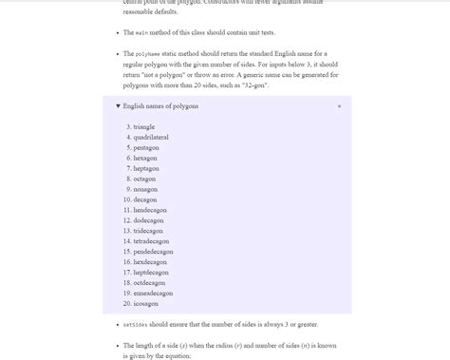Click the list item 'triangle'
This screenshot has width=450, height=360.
[144, 127]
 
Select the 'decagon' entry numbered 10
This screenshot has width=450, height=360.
[146, 199]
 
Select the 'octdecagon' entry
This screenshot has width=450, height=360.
[150, 282]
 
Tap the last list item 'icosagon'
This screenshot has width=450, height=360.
[146, 303]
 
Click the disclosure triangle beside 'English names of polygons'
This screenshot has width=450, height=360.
[118, 106]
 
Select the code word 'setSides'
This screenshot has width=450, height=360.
[136, 325]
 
